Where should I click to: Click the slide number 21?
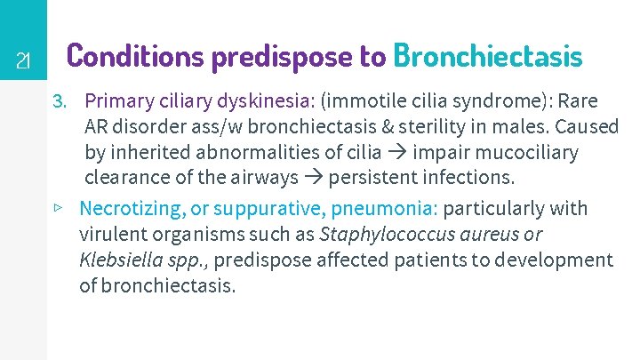[x=24, y=61]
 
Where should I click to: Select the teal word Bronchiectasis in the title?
[x=487, y=55]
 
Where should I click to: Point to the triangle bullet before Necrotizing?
[x=57, y=208]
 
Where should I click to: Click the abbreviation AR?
[x=97, y=126]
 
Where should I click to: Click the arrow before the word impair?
[x=400, y=152]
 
